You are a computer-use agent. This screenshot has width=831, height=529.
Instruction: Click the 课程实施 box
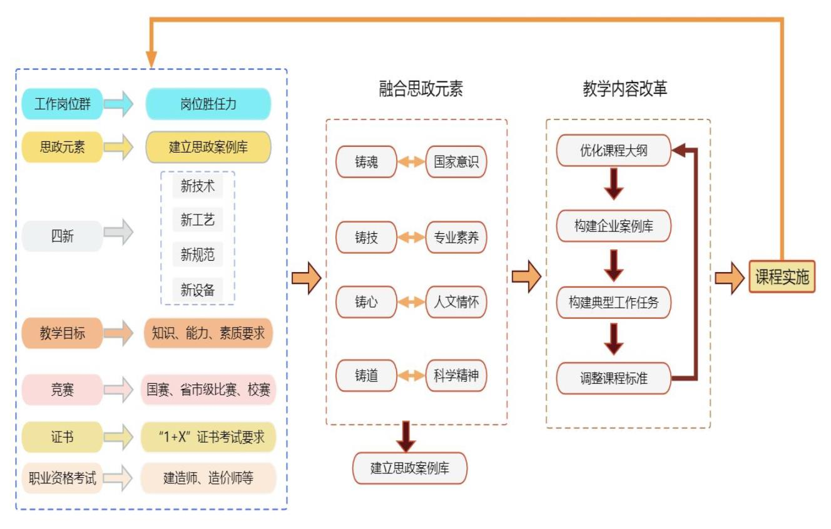click(782, 277)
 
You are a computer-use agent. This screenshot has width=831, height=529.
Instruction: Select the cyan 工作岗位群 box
click(62, 104)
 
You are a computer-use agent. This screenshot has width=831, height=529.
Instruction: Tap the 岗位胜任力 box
click(208, 104)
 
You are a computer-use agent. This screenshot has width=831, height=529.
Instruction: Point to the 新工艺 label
click(198, 220)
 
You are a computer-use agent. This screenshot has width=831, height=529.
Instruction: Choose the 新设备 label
click(198, 290)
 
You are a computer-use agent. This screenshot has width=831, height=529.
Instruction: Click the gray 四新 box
click(62, 236)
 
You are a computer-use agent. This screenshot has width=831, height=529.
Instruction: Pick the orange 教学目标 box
click(62, 333)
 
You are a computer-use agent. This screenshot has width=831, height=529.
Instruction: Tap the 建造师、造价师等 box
click(208, 479)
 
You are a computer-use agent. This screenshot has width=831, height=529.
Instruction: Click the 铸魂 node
click(366, 163)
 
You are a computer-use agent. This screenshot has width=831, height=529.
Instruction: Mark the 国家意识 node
click(456, 163)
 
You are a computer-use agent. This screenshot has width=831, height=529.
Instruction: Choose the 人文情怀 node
click(456, 303)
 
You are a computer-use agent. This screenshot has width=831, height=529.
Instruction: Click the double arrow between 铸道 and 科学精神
click(411, 376)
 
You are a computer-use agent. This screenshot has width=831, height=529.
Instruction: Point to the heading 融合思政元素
click(421, 89)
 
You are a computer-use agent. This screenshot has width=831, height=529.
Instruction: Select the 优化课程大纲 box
click(613, 151)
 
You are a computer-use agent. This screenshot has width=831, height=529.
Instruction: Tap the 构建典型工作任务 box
click(613, 303)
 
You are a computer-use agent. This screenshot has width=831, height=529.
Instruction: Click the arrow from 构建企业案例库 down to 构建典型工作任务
click(614, 265)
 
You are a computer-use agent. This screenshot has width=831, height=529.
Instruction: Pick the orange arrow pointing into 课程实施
click(730, 278)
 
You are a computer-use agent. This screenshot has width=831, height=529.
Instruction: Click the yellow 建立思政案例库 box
click(208, 148)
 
